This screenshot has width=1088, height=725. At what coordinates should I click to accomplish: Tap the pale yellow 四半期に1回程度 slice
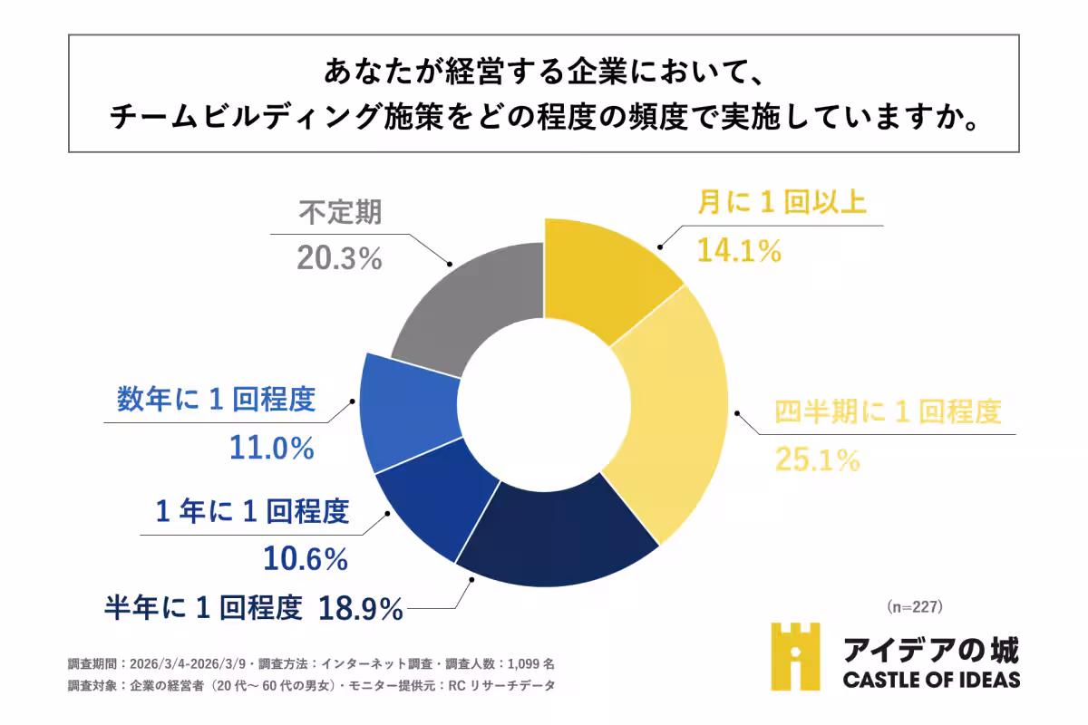click(675, 417)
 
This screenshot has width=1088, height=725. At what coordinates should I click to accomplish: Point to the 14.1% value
click(739, 250)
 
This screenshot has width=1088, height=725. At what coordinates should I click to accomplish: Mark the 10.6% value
click(306, 559)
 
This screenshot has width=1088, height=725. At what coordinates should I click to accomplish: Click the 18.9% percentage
click(360, 609)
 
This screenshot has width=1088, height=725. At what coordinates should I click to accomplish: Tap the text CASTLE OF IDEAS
click(931, 680)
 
